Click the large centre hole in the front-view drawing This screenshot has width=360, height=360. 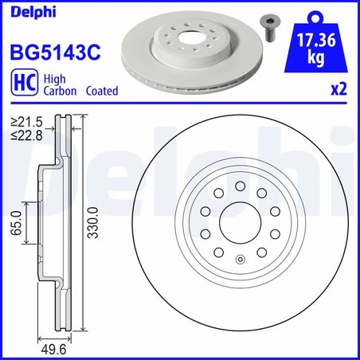coord(240,221)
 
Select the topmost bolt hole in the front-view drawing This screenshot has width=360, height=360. coord(240,185)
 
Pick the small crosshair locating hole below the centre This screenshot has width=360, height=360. coord(240,257)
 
